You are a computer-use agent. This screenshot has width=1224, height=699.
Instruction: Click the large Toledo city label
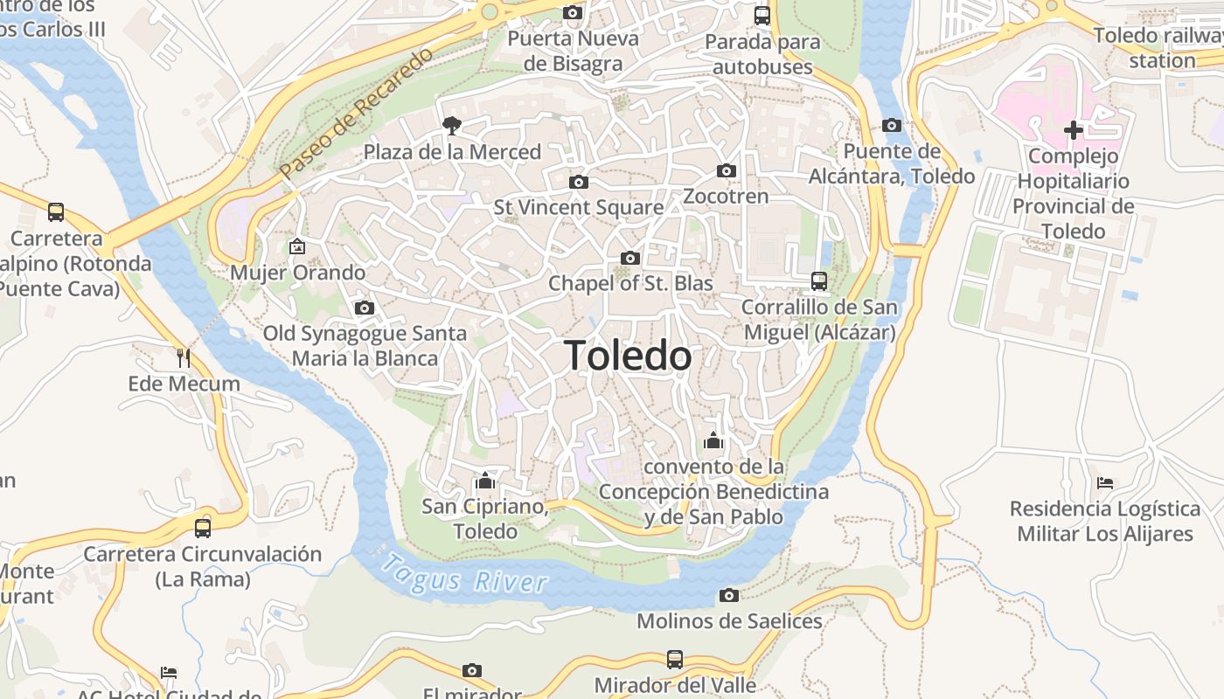tap(628, 356)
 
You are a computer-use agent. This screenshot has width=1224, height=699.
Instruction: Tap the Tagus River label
tap(465, 575)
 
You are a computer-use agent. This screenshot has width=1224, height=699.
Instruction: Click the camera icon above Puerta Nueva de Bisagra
tap(573, 12)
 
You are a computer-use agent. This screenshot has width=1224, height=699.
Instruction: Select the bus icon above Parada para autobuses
tap(762, 15)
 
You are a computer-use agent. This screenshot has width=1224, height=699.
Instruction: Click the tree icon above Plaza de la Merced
tap(451, 126)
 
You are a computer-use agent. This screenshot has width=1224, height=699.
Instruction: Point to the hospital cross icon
tap(1073, 131)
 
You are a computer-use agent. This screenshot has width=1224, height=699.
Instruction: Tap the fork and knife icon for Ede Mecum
tap(184, 357)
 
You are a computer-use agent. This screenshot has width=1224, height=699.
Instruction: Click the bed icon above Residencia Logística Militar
tap(1105, 482)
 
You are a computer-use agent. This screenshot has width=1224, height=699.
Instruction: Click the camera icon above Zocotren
tap(726, 170)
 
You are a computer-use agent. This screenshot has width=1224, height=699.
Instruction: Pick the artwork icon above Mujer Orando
tap(297, 246)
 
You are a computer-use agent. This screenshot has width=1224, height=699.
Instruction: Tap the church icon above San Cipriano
tap(485, 481)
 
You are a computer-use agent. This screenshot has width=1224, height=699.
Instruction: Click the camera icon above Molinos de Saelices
tap(728, 595)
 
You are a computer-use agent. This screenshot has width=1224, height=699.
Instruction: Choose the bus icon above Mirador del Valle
tap(675, 659)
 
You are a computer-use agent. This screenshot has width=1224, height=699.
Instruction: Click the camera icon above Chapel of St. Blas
tap(629, 258)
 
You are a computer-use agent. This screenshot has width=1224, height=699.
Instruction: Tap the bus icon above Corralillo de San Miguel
tap(819, 280)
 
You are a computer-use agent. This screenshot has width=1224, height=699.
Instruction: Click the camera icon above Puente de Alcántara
tap(892, 125)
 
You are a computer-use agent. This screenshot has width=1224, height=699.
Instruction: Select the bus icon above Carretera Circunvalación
tap(203, 528)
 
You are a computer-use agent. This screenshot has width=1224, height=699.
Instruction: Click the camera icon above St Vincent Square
tap(578, 182)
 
